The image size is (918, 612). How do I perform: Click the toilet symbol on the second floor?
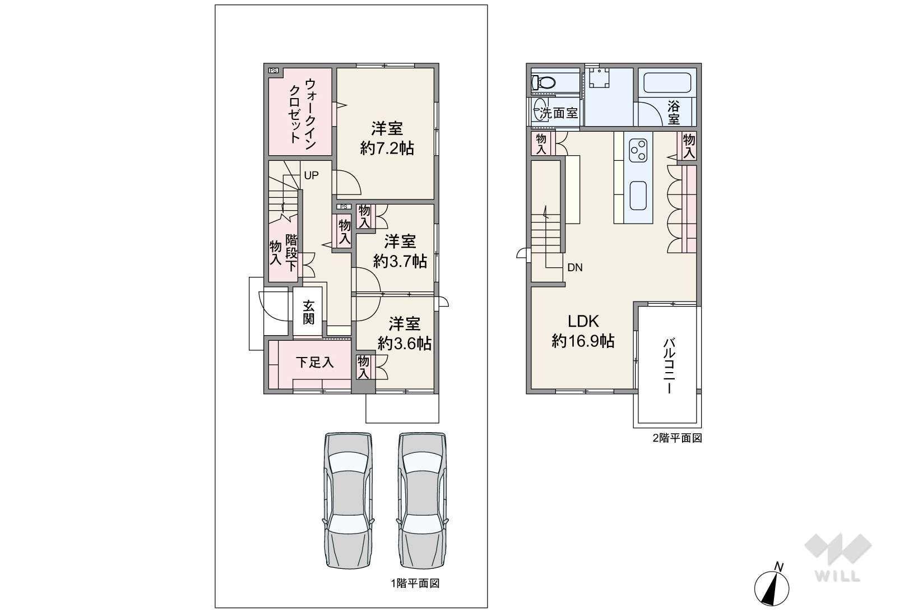click(x=544, y=83)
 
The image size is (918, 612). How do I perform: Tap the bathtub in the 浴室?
click(x=667, y=83)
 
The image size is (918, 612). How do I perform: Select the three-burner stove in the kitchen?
click(x=638, y=150)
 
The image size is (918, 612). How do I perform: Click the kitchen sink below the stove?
click(x=638, y=196)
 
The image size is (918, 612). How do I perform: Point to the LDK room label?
click(x=583, y=322)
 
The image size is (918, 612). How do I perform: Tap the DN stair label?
click(x=575, y=268)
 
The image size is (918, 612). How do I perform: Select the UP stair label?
click(x=311, y=175)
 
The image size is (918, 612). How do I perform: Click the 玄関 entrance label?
click(x=309, y=312)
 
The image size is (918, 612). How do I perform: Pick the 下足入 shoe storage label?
click(x=314, y=363)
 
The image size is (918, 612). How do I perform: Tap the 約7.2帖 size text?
click(x=387, y=149)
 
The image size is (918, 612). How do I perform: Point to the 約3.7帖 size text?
click(x=400, y=261)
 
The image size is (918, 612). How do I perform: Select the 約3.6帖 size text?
click(x=405, y=344)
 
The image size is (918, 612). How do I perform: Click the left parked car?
click(x=349, y=500)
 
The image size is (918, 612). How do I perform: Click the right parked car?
click(x=422, y=500)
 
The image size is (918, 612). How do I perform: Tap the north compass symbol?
click(x=772, y=587)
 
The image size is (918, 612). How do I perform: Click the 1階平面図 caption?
click(x=415, y=583)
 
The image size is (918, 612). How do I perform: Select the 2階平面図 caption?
click(x=678, y=438)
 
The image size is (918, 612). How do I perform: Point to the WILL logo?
click(x=838, y=558)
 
